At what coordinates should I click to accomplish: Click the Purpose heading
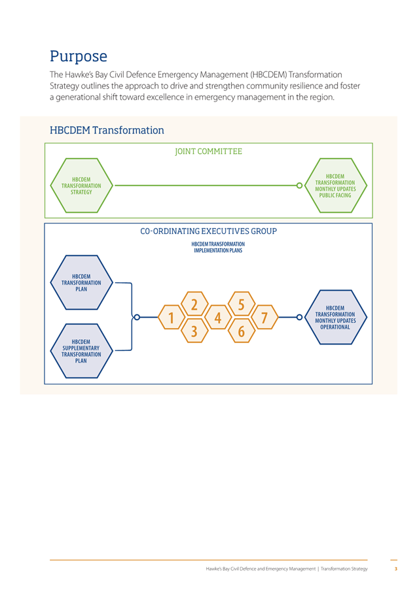click(x=79, y=56)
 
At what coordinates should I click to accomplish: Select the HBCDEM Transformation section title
click(x=107, y=130)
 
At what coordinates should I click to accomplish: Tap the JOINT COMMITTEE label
click(x=208, y=151)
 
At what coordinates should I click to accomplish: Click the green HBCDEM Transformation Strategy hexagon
click(x=82, y=185)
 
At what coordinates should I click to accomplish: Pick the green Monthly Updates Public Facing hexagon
click(x=335, y=185)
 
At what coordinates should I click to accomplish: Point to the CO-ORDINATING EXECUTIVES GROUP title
click(x=208, y=231)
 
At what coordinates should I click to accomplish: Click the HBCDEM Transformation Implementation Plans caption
click(x=218, y=248)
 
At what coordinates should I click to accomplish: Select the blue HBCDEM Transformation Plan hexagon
click(x=82, y=283)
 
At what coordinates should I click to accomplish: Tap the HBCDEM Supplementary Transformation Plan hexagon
click(x=82, y=351)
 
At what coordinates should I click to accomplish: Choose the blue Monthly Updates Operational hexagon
click(x=335, y=317)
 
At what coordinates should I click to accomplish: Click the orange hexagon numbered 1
click(x=172, y=317)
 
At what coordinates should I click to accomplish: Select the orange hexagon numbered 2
click(x=194, y=304)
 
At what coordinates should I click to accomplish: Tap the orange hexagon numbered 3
click(x=194, y=331)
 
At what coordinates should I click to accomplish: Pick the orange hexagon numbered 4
click(x=218, y=317)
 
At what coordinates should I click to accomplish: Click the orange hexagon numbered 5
click(x=242, y=304)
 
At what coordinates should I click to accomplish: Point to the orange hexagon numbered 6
click(x=242, y=331)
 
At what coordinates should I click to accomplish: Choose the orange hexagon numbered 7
click(x=264, y=317)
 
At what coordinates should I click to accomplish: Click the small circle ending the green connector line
click(x=299, y=185)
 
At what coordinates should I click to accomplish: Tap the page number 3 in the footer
click(x=395, y=568)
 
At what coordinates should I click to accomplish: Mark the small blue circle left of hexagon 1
click(x=137, y=317)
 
